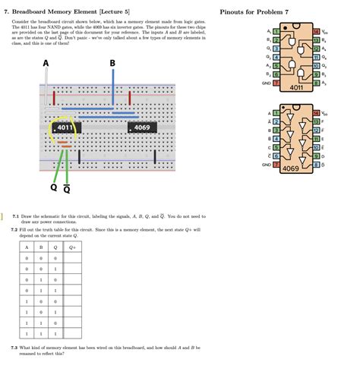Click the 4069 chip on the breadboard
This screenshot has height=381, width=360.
[x=142, y=128]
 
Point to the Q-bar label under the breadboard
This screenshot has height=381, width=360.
[x=68, y=189]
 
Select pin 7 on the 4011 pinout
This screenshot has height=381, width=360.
[x=276, y=83]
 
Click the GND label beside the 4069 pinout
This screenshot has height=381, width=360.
[x=266, y=164]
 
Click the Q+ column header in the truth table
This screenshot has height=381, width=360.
[x=72, y=247]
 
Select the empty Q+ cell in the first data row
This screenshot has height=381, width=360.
[x=72, y=258]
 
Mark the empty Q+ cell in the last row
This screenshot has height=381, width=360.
[x=72, y=332]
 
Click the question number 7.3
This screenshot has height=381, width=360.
[x=14, y=348]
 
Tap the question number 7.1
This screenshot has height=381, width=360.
[x=14, y=216]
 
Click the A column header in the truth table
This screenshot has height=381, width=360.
[x=27, y=247]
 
